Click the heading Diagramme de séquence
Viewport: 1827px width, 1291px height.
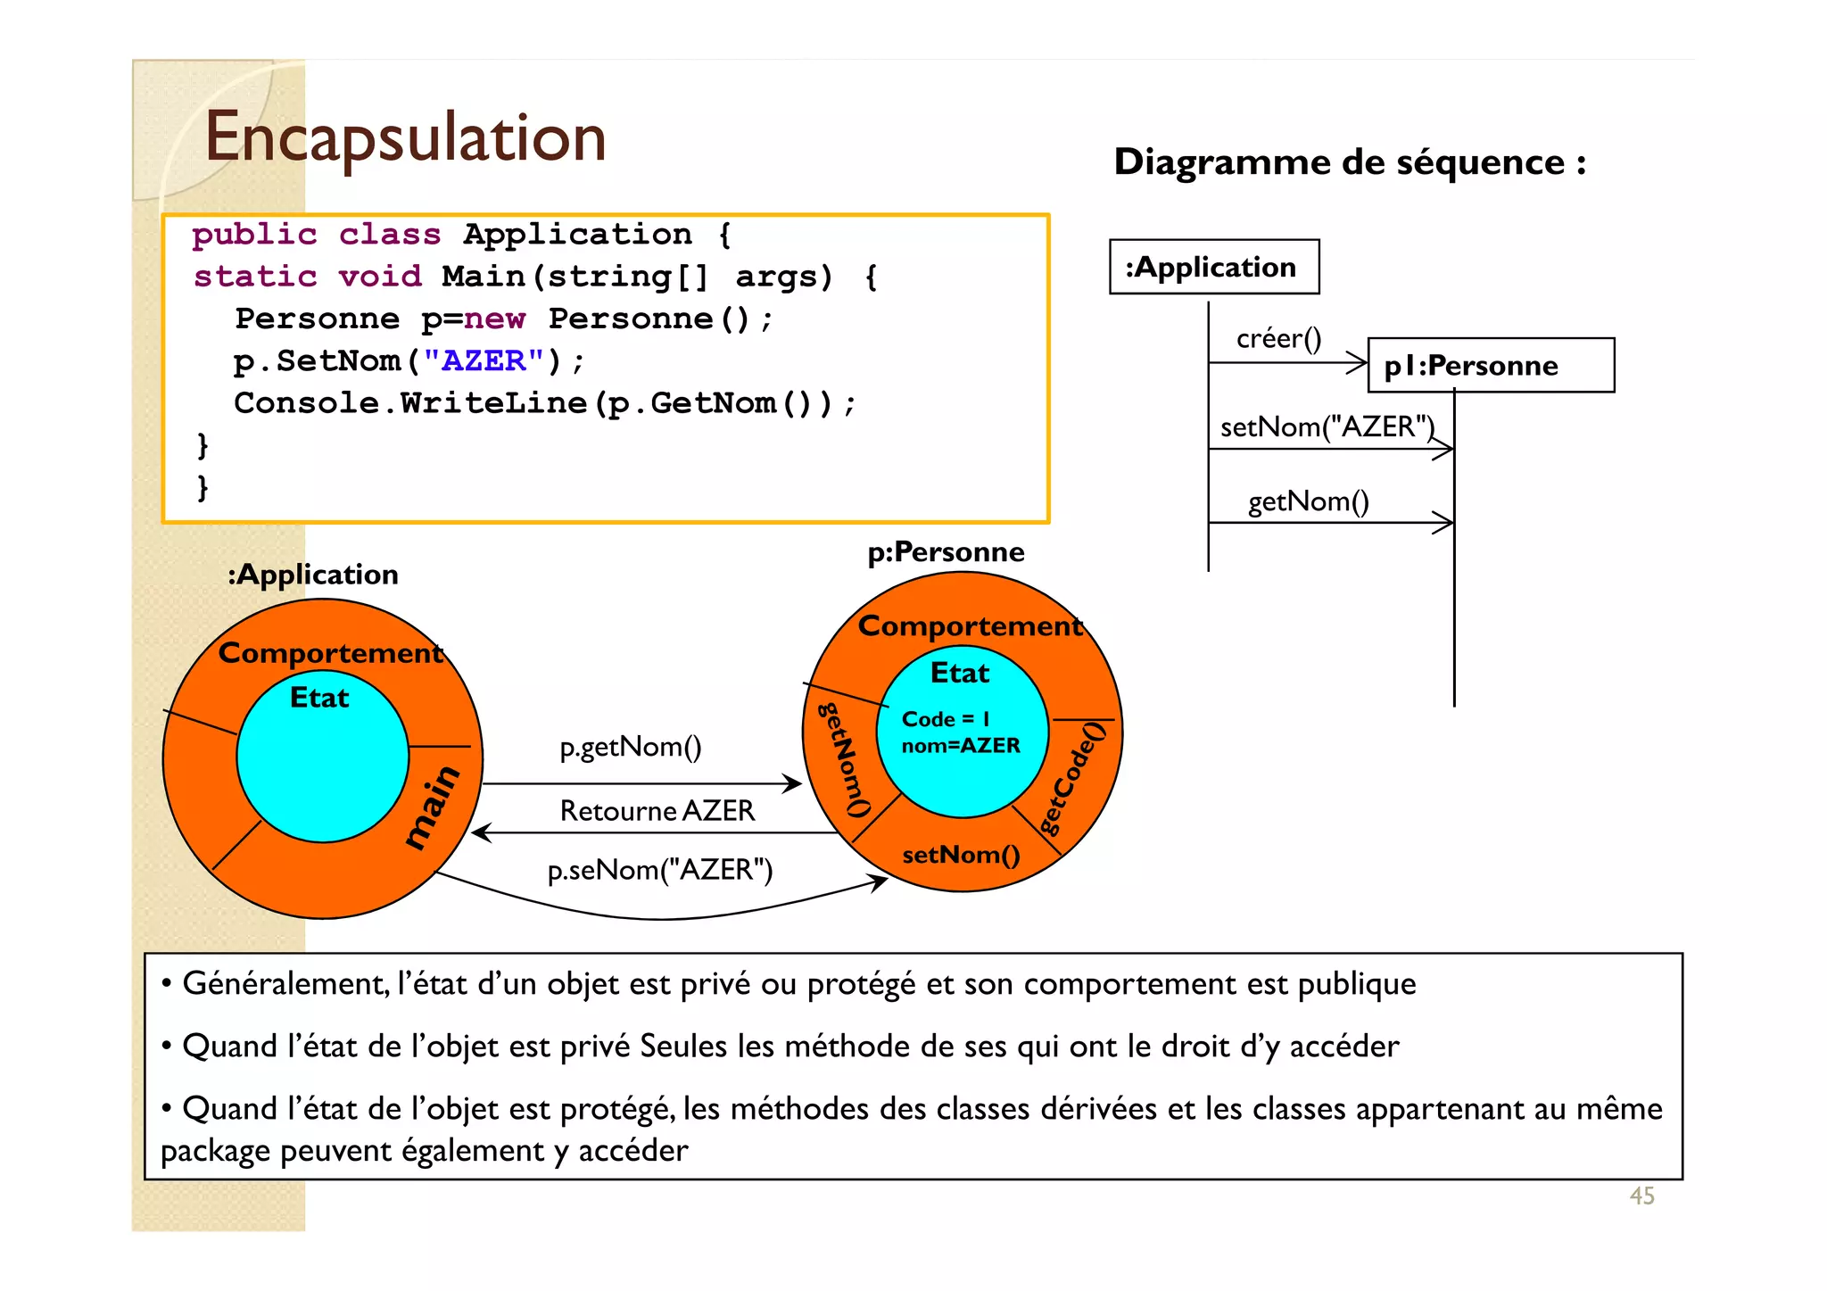pyautogui.click(x=1349, y=162)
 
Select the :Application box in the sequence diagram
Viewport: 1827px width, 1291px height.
pyautogui.click(x=1213, y=267)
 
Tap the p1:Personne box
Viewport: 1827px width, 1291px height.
pyautogui.click(x=1490, y=365)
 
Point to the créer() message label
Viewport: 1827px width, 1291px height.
pyautogui.click(x=1278, y=338)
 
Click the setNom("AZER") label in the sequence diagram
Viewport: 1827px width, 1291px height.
pyautogui.click(x=1327, y=426)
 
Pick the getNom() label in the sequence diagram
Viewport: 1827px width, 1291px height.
pyautogui.click(x=1308, y=501)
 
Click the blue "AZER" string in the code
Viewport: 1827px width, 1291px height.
pyautogui.click(x=484, y=360)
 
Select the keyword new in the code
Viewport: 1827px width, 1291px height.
pyautogui.click(x=496, y=319)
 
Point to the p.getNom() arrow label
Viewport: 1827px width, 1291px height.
pyautogui.click(x=630, y=746)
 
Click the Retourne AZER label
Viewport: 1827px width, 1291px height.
pyautogui.click(x=657, y=810)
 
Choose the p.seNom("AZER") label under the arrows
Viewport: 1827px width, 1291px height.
pyautogui.click(x=659, y=869)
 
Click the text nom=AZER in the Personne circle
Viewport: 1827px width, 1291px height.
pyautogui.click(x=960, y=745)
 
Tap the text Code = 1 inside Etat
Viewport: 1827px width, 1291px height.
pyautogui.click(x=946, y=719)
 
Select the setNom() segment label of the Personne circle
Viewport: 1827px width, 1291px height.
pyautogui.click(x=960, y=855)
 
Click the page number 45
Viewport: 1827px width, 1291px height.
pyautogui.click(x=1641, y=1196)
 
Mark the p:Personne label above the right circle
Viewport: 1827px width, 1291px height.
pyautogui.click(x=946, y=552)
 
